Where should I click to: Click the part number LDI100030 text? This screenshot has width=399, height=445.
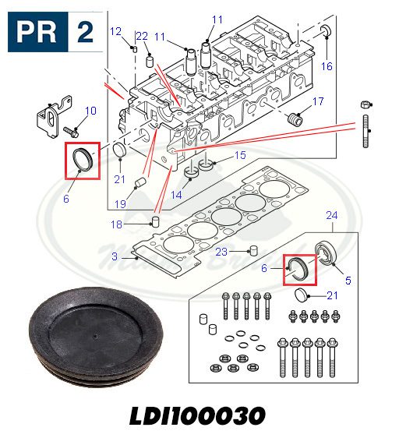(197, 415)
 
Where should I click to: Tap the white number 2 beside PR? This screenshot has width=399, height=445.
(85, 32)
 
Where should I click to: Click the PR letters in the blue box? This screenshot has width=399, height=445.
(37, 32)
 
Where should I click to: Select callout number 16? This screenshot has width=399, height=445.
(327, 66)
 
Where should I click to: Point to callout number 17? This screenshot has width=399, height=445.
(318, 101)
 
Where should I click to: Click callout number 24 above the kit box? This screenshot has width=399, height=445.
(332, 215)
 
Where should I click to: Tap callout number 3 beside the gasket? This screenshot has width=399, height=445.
(115, 256)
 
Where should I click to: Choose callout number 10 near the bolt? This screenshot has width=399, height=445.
(91, 111)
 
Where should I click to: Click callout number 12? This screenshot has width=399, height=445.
(115, 31)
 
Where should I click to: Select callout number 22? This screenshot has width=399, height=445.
(142, 36)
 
